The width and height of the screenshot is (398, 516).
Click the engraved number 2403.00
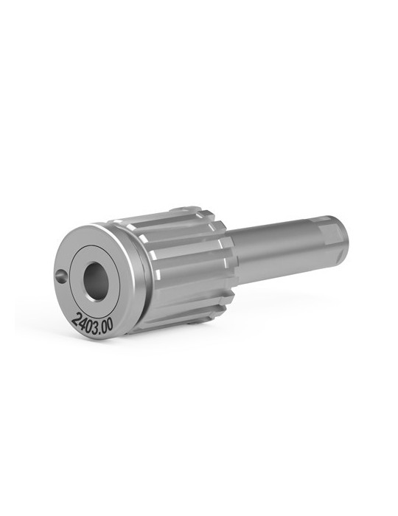[x=92, y=323]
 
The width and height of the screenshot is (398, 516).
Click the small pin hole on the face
[x=61, y=276]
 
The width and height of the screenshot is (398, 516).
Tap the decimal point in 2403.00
[x=99, y=326]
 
